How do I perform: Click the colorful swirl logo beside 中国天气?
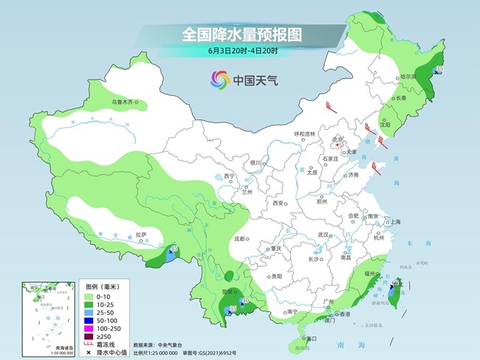(219, 79)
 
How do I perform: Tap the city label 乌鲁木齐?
(117, 101)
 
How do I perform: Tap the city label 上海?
(395, 221)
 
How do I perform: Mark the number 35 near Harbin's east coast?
(440, 70)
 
